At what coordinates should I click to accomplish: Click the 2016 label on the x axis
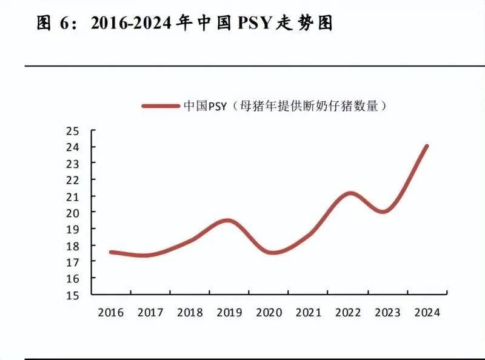coord(110,313)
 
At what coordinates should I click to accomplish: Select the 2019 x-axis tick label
coord(229,313)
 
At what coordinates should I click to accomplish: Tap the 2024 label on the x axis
coord(426,313)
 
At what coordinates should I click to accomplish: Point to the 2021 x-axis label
coord(307,313)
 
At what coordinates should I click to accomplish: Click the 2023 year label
coord(386,313)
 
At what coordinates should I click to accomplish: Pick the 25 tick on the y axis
coord(73,131)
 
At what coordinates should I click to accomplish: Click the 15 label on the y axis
coord(73,295)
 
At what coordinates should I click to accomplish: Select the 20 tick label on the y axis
coord(73,213)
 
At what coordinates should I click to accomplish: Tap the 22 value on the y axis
coord(73,180)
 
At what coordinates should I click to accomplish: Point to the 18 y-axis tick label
coord(73,245)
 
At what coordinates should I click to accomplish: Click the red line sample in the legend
coord(161,105)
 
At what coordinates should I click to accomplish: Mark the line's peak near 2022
coord(350,194)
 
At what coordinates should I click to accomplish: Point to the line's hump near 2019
coord(227,221)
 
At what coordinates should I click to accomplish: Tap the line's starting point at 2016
coord(111,252)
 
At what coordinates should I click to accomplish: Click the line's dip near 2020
coord(273,252)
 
